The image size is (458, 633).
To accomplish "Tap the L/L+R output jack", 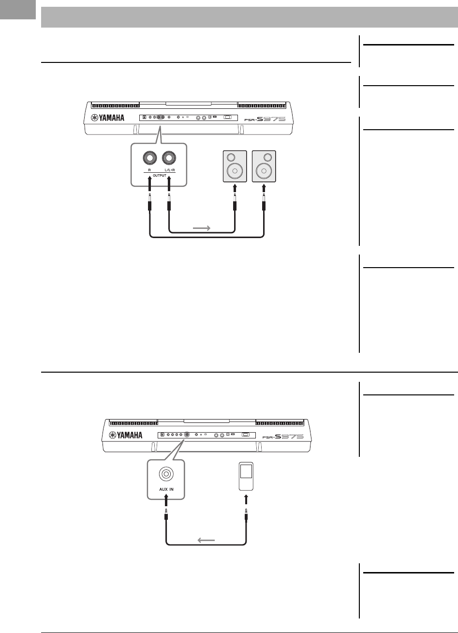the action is [x=169, y=158].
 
